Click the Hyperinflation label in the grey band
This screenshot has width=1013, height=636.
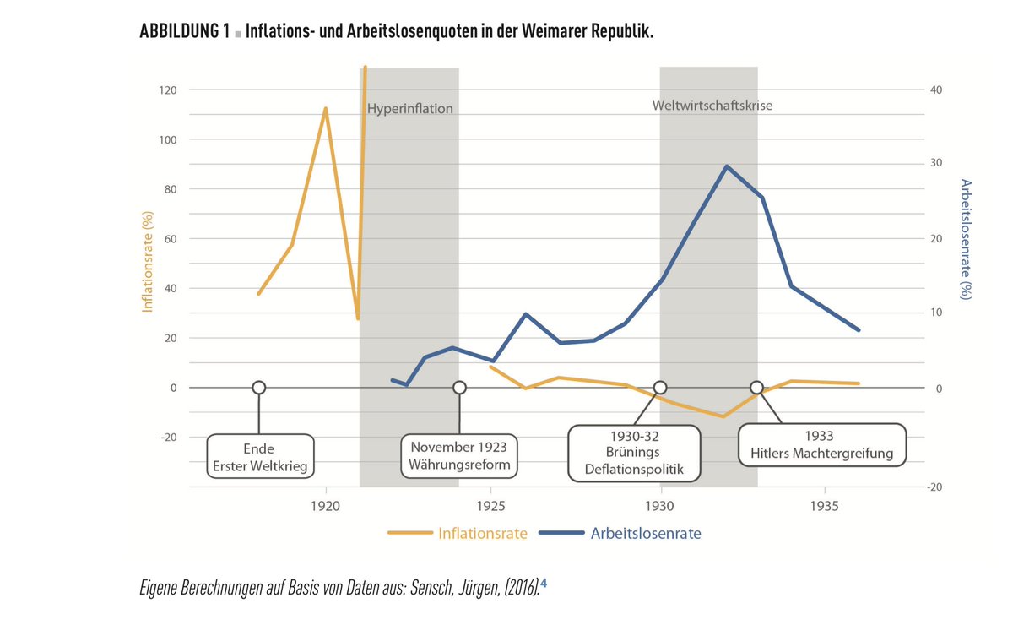tap(410, 109)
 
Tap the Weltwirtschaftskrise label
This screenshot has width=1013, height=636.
tap(712, 106)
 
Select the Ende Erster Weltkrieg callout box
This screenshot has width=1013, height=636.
tap(261, 457)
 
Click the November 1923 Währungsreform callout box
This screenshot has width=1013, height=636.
tap(459, 457)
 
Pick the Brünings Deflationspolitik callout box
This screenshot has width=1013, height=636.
tap(634, 454)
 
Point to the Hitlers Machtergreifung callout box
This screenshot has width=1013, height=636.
tap(821, 445)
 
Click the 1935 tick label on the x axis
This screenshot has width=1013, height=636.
tap(824, 507)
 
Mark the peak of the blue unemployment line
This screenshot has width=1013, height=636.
tap(726, 166)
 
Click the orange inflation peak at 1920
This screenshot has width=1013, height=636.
tap(325, 109)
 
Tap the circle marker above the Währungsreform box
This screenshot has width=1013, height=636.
tap(459, 388)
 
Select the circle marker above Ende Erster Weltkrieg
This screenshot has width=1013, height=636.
tap(258, 388)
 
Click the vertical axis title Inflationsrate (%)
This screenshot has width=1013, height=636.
tap(148, 263)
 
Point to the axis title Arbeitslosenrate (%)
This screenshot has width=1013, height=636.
tap(967, 240)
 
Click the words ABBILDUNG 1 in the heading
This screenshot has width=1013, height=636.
tap(184, 32)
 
